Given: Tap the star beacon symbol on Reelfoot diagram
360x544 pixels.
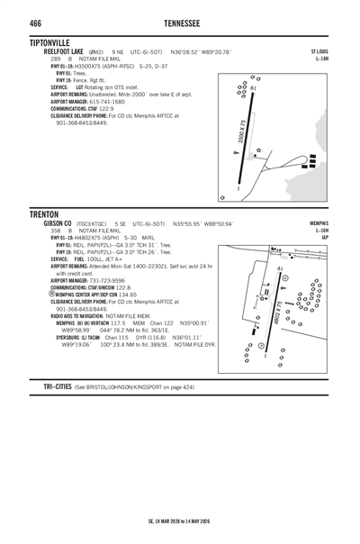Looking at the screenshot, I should click(258, 150).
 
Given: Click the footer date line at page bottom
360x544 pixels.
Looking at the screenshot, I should click(179, 521).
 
